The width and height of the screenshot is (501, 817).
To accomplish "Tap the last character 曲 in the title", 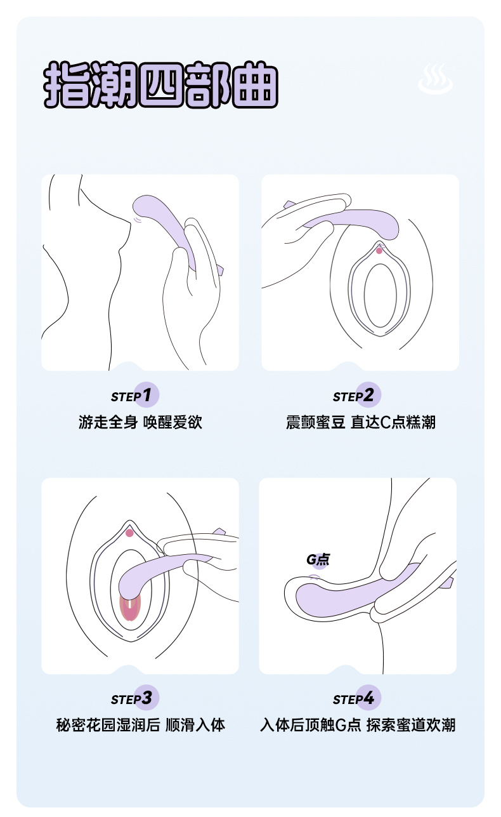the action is pos(256,84).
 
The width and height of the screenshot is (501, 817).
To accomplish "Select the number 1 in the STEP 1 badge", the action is pos(146,395).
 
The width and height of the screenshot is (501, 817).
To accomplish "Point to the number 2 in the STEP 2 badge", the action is pos(368,395).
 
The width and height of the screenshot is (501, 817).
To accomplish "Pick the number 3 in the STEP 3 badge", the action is pos(146,698).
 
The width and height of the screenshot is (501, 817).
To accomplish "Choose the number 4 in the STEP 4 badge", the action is pos(368,698).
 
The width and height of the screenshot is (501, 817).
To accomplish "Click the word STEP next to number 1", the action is pos(125,397).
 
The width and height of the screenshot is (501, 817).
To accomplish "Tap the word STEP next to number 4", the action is pos(347,700).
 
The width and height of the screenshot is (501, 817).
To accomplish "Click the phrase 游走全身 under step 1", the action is pos(108,422).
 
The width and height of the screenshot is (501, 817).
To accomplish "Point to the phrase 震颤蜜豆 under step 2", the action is pos(315,422).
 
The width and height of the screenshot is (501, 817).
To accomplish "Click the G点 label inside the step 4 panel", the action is pos(318,559).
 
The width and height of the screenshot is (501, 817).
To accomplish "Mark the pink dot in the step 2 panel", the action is pos(379,251).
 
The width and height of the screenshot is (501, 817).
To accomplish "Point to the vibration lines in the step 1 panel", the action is pos(139,220).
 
